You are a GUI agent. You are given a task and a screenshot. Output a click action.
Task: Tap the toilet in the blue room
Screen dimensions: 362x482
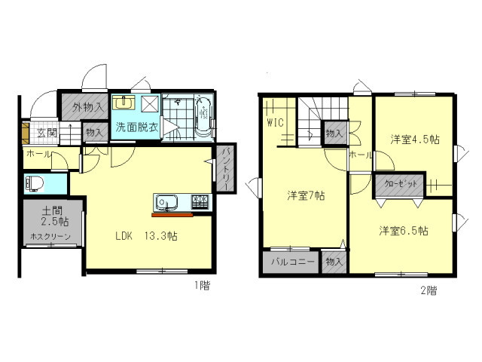point(35,183)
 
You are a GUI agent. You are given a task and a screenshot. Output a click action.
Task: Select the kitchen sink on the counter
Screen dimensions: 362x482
point(166,202)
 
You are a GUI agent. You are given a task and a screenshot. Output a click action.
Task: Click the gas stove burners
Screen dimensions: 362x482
point(200,201)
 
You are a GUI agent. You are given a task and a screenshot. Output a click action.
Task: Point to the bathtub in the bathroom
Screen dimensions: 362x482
point(203,118)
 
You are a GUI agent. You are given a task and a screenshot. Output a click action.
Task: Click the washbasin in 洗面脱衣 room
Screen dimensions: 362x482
point(123,103)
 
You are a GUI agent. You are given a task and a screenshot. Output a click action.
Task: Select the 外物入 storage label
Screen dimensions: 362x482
point(88,108)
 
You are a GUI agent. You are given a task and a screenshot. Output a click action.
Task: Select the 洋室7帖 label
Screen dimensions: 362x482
point(305,195)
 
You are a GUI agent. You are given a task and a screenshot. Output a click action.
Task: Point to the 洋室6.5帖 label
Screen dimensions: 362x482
point(404,230)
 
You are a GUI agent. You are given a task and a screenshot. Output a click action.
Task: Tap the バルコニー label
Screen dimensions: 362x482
point(289,262)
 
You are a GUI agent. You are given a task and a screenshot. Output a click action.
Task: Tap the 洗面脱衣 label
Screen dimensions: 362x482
point(136,127)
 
